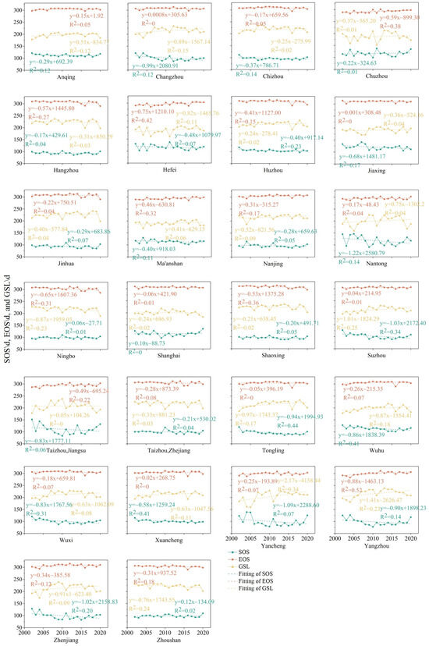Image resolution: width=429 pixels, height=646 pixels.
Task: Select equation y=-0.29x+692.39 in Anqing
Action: point(55,61)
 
